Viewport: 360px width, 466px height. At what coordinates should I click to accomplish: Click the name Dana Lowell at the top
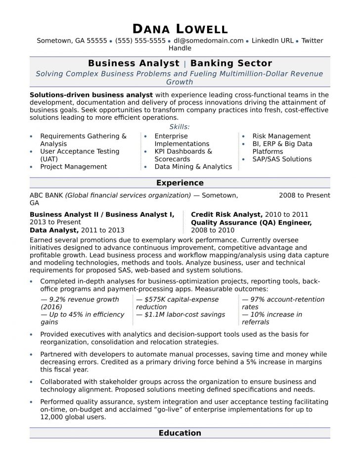(x=180, y=29)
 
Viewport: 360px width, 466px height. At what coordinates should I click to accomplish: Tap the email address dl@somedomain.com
(x=208, y=41)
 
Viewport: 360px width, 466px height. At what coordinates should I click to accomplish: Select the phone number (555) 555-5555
(x=140, y=41)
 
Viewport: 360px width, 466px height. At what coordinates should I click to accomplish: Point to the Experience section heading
(x=180, y=183)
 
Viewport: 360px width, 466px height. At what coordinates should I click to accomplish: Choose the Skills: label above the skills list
(x=180, y=127)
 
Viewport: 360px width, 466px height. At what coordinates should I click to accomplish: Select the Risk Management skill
(x=281, y=136)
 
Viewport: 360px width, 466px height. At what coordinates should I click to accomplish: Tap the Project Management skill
(x=73, y=167)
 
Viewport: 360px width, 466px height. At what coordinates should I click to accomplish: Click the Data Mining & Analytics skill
(x=193, y=167)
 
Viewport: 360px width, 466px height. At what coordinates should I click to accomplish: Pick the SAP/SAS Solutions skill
(x=282, y=159)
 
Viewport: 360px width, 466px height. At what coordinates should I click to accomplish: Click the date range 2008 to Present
(x=304, y=195)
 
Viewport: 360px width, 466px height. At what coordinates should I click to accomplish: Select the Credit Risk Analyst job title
(x=226, y=215)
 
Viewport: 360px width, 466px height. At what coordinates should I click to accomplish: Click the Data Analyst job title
(x=54, y=230)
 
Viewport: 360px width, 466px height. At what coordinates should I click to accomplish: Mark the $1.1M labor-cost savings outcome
(x=180, y=315)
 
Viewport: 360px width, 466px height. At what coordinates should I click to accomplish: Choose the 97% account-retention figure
(x=283, y=300)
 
